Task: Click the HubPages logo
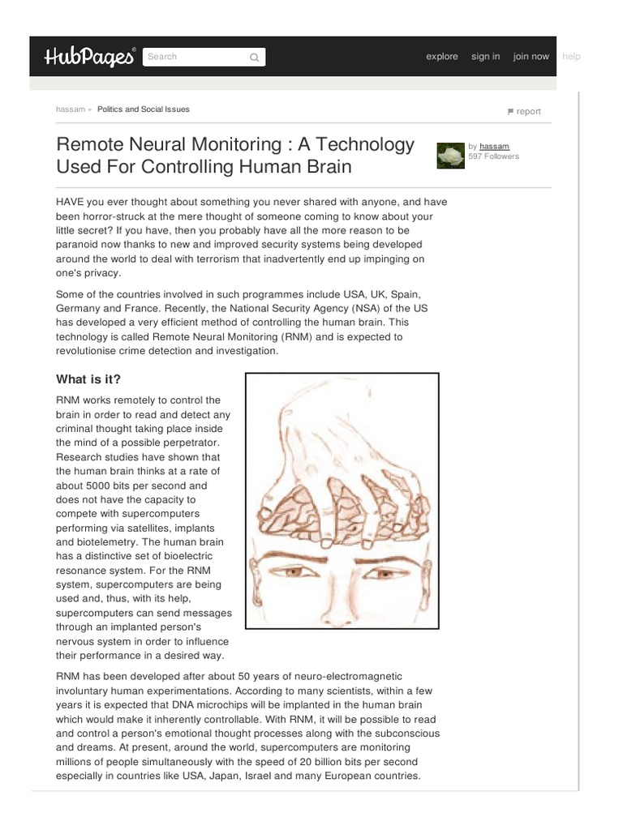point(90,57)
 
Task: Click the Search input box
point(195,57)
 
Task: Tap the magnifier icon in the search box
point(254,58)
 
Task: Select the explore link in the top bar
point(442,57)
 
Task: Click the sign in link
point(485,57)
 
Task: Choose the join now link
point(531,57)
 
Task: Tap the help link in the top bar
point(571,57)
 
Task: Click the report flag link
point(524,112)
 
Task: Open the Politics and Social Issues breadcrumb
point(144,109)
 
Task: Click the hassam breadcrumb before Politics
point(71,109)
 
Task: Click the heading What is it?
point(88,379)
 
